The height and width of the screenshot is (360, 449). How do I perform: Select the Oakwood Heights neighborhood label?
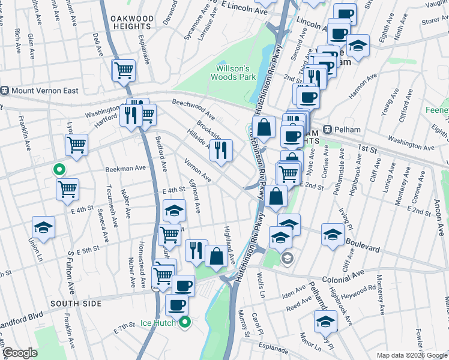point(131,23)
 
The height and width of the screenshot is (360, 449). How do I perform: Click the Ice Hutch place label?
point(158,323)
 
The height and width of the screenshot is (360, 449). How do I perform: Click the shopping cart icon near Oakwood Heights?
point(124,70)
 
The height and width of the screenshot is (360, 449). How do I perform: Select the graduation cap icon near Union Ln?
point(43,228)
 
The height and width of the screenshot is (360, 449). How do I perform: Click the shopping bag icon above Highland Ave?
point(215,256)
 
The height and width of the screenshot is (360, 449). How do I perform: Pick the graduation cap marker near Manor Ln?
point(326,320)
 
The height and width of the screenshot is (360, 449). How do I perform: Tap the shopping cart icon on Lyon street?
point(77,144)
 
